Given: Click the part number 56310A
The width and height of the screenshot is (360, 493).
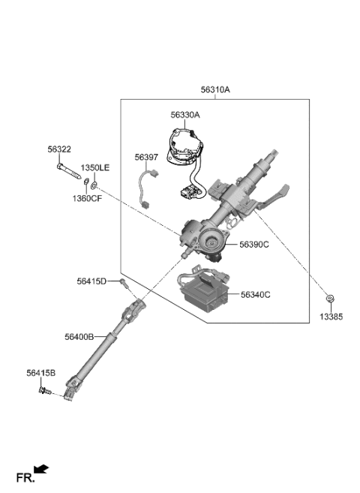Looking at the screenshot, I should pyautogui.click(x=215, y=89).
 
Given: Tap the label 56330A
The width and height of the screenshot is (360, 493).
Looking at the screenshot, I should pyautogui.click(x=185, y=115).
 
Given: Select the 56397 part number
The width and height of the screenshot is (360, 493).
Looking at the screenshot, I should pyautogui.click(x=147, y=158).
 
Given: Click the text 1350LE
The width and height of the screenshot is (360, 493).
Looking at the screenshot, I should pyautogui.click(x=95, y=167).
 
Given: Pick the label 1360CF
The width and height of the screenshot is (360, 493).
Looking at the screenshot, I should pyautogui.click(x=88, y=198).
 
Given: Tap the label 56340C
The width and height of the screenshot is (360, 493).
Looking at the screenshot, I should pyautogui.click(x=256, y=295).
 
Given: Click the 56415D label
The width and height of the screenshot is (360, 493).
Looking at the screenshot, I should pyautogui.click(x=91, y=281).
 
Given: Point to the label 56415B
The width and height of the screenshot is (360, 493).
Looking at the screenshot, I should pyautogui.click(x=40, y=372).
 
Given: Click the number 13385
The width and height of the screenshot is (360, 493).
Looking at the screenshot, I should pyautogui.click(x=330, y=317).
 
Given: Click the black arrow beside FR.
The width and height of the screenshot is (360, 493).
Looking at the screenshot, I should pyautogui.click(x=43, y=470).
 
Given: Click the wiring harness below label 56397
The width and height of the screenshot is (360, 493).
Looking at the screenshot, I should pyautogui.click(x=148, y=188).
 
